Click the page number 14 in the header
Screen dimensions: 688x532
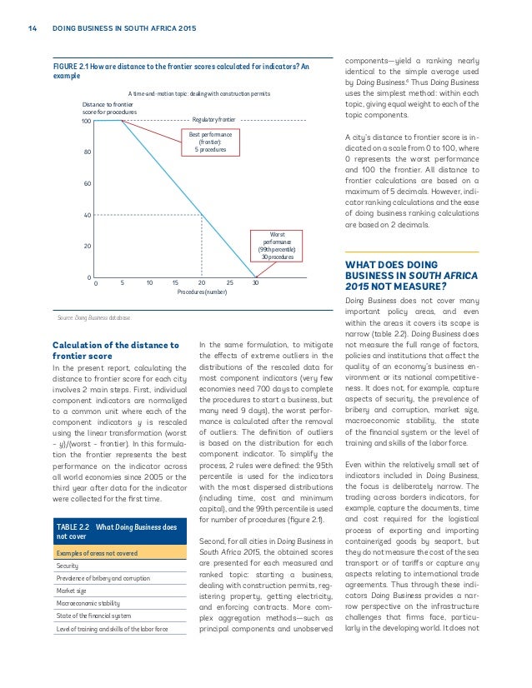(x=32, y=29)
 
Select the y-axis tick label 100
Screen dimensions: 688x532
(x=85, y=122)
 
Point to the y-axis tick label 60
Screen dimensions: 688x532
(x=87, y=184)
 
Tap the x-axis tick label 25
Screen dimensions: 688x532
(x=229, y=282)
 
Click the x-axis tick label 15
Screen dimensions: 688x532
(x=175, y=282)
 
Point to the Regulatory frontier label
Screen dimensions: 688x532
(x=214, y=121)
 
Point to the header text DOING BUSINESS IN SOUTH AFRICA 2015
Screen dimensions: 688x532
(x=123, y=29)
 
